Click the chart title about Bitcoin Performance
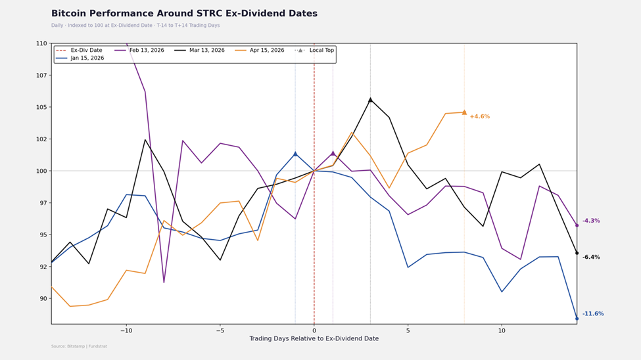[184, 14]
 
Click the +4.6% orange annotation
[479, 117]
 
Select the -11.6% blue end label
[592, 314]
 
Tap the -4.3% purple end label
[590, 221]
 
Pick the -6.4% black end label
[590, 258]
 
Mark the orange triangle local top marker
[464, 112]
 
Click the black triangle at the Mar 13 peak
[370, 100]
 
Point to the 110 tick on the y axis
[41, 43]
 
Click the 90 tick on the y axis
[42, 299]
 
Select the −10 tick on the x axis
[126, 330]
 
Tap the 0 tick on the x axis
[314, 330]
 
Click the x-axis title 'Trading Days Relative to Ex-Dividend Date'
[314, 339]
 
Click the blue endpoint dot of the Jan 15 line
[577, 319]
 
